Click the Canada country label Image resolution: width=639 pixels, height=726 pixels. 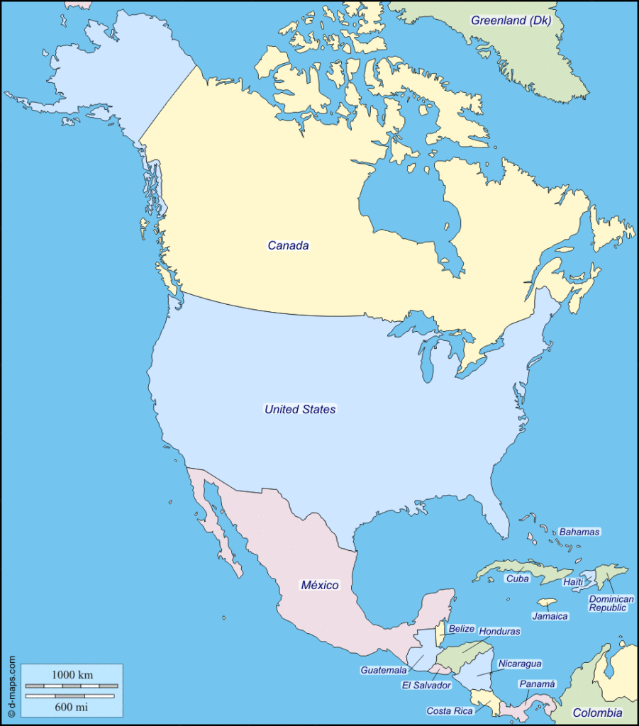point(288,245)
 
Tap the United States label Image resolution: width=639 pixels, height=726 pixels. point(300,409)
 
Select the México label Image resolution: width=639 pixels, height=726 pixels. point(320,585)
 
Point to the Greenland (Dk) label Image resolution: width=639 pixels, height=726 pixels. point(511,20)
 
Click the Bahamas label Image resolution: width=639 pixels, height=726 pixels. point(579,532)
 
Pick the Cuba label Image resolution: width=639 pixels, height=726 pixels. point(517,579)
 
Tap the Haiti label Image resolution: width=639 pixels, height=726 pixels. point(572,581)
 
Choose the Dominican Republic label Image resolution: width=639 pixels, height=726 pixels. point(611,603)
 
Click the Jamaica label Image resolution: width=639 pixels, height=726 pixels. point(550,616)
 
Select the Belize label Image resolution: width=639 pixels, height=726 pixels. point(461,629)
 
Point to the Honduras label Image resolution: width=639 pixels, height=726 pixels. point(499,631)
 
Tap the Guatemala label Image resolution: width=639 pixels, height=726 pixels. point(384,670)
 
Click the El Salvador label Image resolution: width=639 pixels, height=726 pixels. point(426,686)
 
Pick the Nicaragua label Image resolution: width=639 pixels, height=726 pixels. point(520,664)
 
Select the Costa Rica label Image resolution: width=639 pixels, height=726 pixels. point(450,710)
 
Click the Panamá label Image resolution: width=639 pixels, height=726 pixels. point(537,684)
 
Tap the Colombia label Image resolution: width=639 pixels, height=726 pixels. point(597,713)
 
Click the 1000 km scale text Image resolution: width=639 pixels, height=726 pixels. point(71,674)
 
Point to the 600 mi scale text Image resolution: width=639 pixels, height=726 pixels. point(71,706)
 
